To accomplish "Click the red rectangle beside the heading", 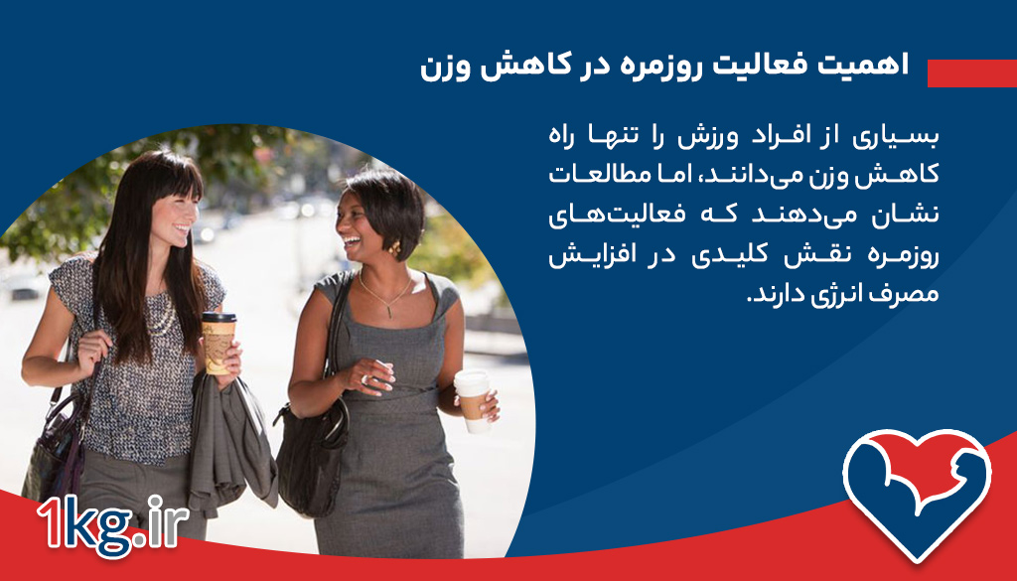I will (x=971, y=73).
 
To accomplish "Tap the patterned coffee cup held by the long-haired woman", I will (x=218, y=341).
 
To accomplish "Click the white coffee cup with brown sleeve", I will (x=474, y=398).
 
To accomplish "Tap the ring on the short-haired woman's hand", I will (x=363, y=378).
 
